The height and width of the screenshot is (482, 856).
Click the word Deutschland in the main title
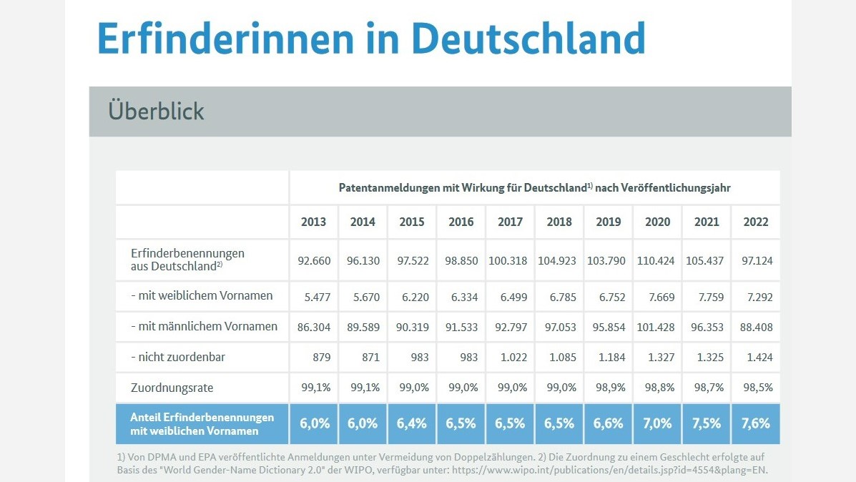coord(528,38)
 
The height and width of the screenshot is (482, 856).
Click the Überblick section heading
coord(156,111)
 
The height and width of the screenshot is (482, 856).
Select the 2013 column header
coord(313,222)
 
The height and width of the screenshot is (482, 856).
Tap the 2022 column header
coord(756,222)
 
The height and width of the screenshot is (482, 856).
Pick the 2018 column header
coord(559,222)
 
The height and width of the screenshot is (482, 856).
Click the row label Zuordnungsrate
coord(172,388)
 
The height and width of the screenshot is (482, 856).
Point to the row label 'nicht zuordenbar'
coord(178,357)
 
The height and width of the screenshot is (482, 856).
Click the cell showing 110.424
coord(656,261)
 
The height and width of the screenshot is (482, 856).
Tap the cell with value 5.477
coord(318,297)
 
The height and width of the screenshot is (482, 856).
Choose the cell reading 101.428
coord(656,328)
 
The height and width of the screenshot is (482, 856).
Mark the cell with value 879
coord(322,358)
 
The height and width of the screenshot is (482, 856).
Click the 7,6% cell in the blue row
coord(756,423)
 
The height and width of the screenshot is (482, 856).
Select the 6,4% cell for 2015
coord(412,423)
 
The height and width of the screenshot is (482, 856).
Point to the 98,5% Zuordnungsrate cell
coord(758,388)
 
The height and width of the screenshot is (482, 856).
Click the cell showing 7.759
coord(711,297)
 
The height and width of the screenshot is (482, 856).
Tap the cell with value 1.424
coord(760,358)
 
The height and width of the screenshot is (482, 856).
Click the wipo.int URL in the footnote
coord(610,470)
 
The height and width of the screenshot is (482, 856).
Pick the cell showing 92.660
coord(314,261)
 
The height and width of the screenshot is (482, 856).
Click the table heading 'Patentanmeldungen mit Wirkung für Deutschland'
coord(463,188)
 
